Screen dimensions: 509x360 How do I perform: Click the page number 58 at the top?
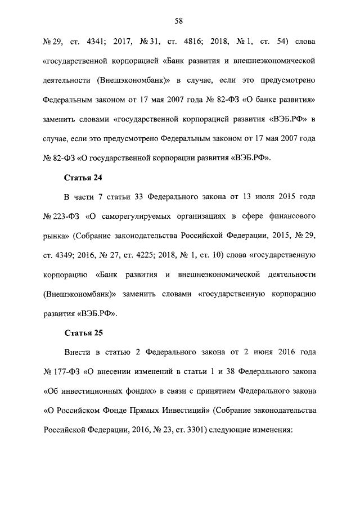click(x=179, y=21)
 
